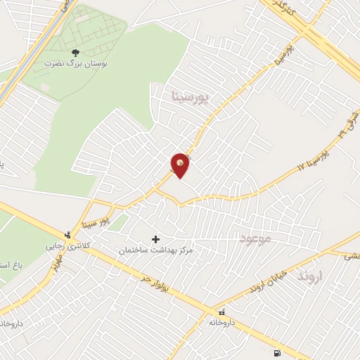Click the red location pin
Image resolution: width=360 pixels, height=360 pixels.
[x=181, y=165]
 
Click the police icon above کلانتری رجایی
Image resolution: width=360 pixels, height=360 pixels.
[x=67, y=235]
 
